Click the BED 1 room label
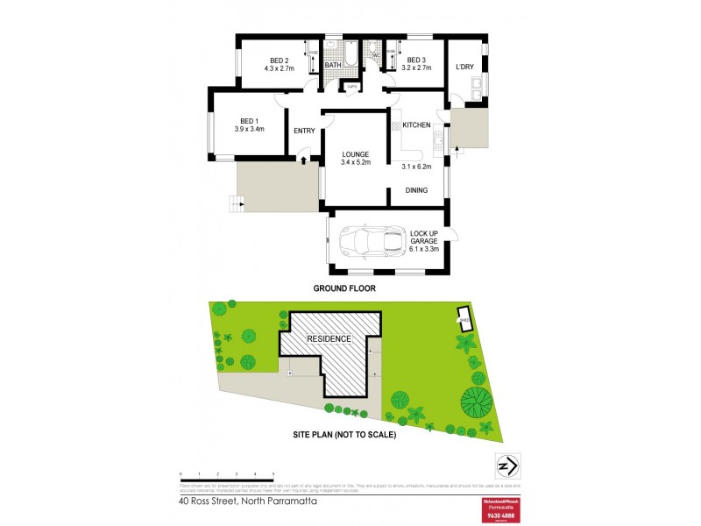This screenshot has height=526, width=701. [x=249, y=121]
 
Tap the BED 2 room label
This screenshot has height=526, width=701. [x=280, y=59]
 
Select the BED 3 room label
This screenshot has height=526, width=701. [x=416, y=59]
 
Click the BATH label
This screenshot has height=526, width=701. [x=333, y=66]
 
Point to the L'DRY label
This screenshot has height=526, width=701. [x=465, y=67]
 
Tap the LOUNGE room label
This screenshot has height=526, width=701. [x=355, y=154]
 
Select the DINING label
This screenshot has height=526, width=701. [x=416, y=189]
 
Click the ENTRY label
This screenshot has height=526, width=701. [x=304, y=131]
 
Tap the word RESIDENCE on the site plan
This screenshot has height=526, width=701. [x=329, y=338]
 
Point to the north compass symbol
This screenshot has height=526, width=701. [x=505, y=464]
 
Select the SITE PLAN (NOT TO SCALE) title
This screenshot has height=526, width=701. [x=344, y=435]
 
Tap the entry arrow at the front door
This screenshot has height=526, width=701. [x=303, y=159]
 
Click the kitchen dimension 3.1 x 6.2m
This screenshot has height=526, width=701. [x=417, y=166]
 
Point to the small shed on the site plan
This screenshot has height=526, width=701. [x=463, y=317]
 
